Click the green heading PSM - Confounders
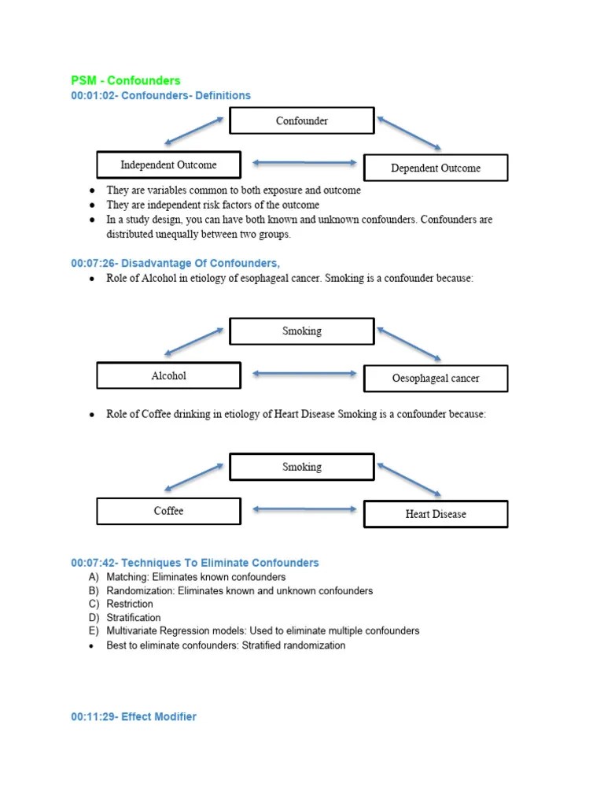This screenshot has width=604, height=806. click(x=125, y=80)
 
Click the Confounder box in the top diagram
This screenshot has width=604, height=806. click(x=301, y=121)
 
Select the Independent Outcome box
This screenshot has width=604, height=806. click(x=168, y=165)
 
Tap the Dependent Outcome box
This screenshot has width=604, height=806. click(x=435, y=168)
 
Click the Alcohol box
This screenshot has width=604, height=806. click(x=168, y=376)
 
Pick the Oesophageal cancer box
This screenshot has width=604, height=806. click(x=435, y=379)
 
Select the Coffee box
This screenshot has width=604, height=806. click(x=168, y=512)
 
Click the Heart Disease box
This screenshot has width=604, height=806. click(x=435, y=514)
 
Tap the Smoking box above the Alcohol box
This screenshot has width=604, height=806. click(x=301, y=331)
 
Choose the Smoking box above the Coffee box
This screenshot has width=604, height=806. click(x=301, y=467)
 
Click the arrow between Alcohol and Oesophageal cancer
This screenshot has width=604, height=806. click(x=304, y=373)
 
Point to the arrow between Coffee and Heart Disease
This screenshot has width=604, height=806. click(x=304, y=509)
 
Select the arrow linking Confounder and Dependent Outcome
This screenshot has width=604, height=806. click(x=408, y=133)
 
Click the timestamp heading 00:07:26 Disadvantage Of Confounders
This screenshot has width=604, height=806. click(x=175, y=263)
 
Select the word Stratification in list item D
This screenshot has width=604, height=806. click(x=134, y=618)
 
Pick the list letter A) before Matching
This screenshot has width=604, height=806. click(x=94, y=577)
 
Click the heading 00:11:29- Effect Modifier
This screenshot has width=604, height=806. click(x=134, y=716)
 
